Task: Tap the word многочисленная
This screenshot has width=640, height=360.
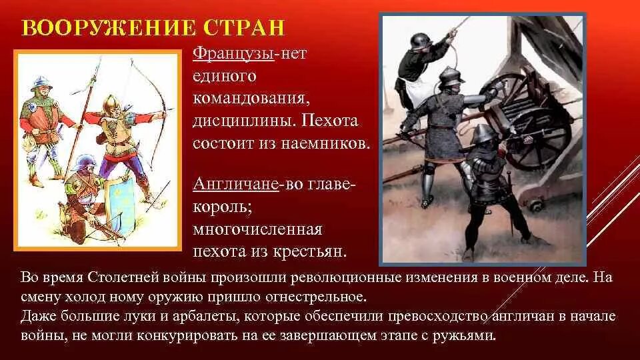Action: (x=257, y=229)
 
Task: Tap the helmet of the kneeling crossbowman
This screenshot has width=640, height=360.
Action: (x=83, y=163)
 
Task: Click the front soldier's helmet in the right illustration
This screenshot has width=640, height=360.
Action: (x=482, y=134)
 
